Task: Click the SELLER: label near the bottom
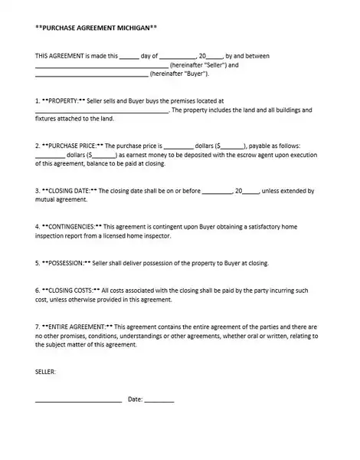[x=45, y=372]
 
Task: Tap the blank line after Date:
[x=159, y=401]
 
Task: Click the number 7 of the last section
[x=38, y=327]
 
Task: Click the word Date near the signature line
[x=134, y=399]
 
